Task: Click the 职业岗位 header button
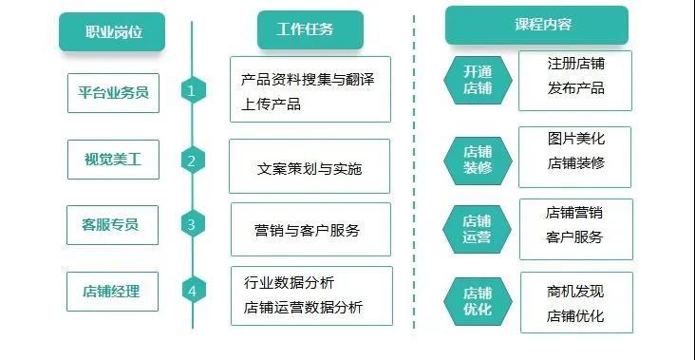[x=112, y=31]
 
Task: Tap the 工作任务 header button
[x=310, y=29]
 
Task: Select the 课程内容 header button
[x=536, y=26]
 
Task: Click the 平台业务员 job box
[x=114, y=93]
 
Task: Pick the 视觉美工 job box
[x=114, y=160]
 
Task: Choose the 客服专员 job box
[x=113, y=225]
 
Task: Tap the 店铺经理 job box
[x=113, y=292]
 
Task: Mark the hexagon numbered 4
[x=194, y=291]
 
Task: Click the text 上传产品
[x=271, y=104]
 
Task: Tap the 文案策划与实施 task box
[x=310, y=166]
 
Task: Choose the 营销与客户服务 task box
[x=310, y=230]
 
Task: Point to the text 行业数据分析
[x=289, y=282]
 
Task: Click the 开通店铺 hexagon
[x=478, y=80]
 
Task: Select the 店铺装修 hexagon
[x=478, y=161]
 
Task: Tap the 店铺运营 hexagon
[x=477, y=229]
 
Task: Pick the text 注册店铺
[x=575, y=64]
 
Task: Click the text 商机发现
[x=575, y=292]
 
